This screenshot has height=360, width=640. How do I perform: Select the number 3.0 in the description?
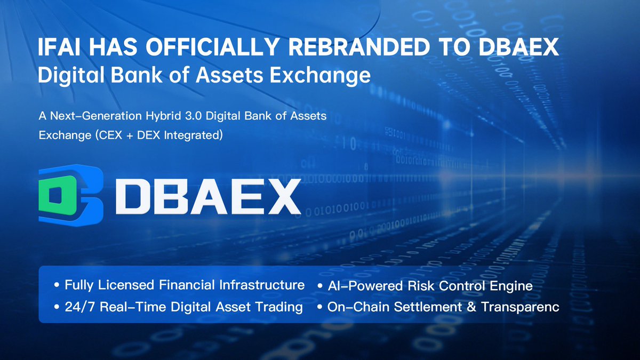pyautogui.click(x=212, y=115)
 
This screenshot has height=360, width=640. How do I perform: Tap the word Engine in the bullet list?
pyautogui.click(x=513, y=286)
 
